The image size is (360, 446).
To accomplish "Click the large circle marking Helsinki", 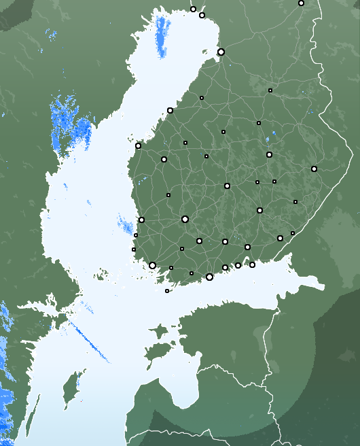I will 209,277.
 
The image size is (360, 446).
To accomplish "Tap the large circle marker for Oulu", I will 221,52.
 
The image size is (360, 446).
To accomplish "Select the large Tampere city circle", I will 185,219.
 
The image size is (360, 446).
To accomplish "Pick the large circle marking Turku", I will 152,265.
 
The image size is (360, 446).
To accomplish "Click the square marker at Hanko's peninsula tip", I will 167,291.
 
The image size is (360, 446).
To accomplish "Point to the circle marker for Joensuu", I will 314,169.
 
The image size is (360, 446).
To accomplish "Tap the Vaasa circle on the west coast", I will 138,145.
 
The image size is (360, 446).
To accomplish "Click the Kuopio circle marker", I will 269,154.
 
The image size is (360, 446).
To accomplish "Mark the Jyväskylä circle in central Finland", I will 227,186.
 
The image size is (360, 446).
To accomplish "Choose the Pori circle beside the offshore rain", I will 141,220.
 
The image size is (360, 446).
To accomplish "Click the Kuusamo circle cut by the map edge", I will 301,3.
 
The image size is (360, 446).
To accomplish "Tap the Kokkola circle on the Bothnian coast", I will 170,110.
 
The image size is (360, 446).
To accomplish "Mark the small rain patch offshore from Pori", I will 125,224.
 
